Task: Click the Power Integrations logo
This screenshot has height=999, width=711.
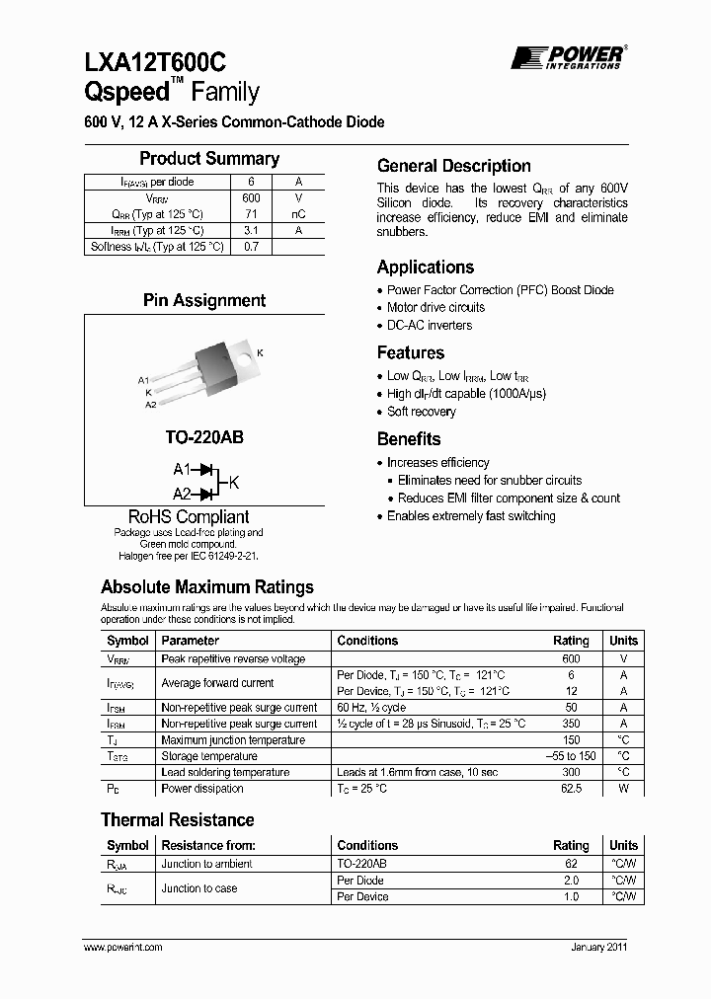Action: [x=567, y=57]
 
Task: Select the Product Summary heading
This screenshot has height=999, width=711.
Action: [x=208, y=159]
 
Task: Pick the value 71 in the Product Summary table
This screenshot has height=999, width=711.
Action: [x=251, y=214]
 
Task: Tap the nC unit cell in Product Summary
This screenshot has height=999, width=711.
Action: [x=298, y=214]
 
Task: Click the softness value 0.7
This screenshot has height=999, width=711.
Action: [x=251, y=247]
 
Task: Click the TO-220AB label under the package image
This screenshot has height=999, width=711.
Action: [x=203, y=434]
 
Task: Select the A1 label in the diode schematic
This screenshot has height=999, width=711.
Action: [x=182, y=470]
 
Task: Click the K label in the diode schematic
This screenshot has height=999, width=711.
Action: [x=234, y=482]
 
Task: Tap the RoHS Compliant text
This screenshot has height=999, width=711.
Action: [x=189, y=517]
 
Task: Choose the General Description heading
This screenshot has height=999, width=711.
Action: [x=454, y=166]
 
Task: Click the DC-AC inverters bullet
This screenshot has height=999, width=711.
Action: [x=429, y=325]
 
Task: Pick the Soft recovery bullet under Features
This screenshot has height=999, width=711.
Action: [x=421, y=412]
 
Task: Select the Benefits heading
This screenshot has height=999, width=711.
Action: [x=409, y=439]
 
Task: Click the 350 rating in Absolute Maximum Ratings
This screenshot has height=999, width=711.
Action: [x=571, y=724]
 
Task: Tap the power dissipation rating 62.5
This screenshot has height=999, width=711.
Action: [x=571, y=789]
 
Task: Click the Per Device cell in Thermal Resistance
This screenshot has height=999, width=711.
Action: [x=362, y=896]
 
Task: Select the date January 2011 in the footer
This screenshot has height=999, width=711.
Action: [x=598, y=947]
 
